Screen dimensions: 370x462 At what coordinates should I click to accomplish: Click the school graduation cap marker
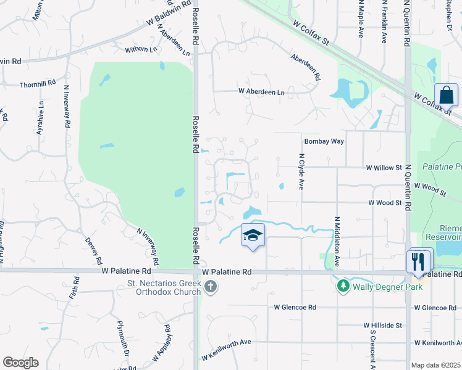(x=253, y=236)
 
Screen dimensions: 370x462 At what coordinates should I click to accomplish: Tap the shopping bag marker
(x=446, y=96)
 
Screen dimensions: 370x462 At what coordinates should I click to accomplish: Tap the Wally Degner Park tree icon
(x=343, y=286)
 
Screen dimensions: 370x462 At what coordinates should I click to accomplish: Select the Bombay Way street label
(x=324, y=141)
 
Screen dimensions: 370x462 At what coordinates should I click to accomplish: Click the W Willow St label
(x=384, y=168)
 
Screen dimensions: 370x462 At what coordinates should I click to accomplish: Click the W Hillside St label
(x=383, y=325)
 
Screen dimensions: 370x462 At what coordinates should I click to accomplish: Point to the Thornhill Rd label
(x=38, y=84)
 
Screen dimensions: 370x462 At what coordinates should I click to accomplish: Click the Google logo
(x=20, y=363)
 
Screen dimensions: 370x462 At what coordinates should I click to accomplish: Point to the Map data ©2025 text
(x=435, y=365)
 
